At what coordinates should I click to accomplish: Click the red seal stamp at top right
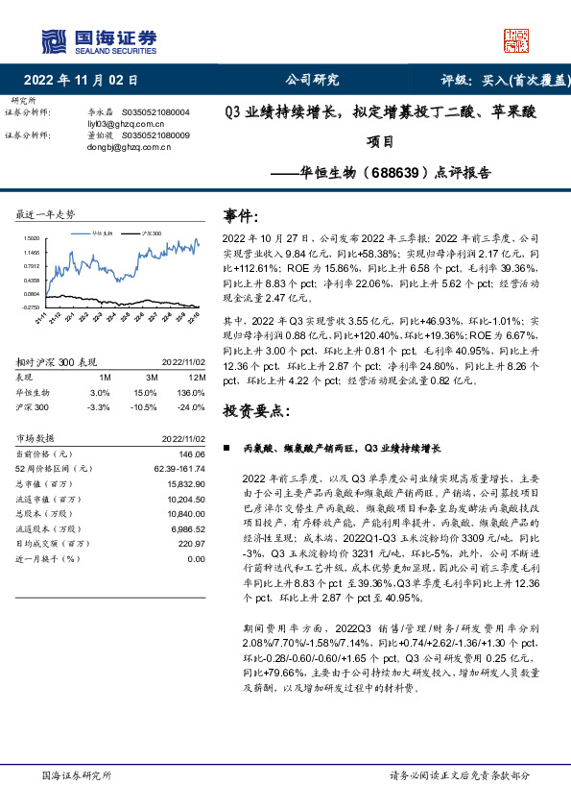517,39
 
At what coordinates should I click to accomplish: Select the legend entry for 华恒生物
99,233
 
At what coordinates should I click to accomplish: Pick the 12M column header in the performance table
196,378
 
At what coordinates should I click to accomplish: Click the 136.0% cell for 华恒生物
194,391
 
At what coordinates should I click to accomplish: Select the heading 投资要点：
254,411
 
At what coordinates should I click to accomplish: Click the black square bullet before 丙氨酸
226,449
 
